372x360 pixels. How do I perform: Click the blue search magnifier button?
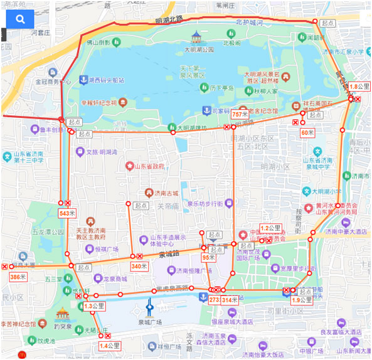click(20, 19)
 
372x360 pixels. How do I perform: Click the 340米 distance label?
click(139, 267)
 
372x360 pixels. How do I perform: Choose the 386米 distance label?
click(18, 277)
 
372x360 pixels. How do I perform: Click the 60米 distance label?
click(307, 132)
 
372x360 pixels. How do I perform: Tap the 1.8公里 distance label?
click(357, 87)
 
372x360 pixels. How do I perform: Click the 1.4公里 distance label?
click(109, 345)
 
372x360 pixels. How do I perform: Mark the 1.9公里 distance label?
click(301, 300)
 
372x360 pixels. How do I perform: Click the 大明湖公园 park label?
click(199, 49)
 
